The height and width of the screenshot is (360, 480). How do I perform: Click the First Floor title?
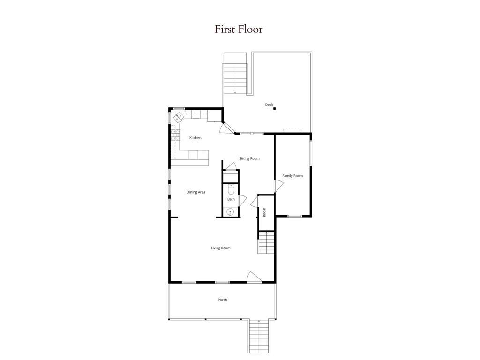point(239,29)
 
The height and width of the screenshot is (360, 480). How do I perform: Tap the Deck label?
point(269,105)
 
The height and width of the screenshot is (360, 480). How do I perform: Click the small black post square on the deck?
point(275,109)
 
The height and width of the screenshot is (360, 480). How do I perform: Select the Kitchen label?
point(195,138)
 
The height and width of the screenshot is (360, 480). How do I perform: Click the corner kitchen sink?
point(179,118)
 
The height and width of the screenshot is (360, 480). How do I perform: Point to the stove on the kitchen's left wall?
point(175,135)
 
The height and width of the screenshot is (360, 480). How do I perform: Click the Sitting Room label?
point(249,158)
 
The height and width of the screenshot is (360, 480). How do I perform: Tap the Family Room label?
point(292,176)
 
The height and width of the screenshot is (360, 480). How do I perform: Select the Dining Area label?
point(196,192)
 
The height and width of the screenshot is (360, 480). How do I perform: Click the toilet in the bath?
point(231,189)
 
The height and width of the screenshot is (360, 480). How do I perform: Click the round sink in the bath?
point(231,212)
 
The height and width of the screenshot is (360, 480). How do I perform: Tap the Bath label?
point(231,199)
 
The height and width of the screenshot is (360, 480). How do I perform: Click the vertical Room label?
point(264,212)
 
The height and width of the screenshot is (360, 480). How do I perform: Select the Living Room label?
point(220,248)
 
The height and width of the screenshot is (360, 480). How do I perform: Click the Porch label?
point(222,300)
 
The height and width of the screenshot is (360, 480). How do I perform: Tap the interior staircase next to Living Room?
point(266,243)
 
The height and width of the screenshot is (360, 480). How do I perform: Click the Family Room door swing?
point(278,186)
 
